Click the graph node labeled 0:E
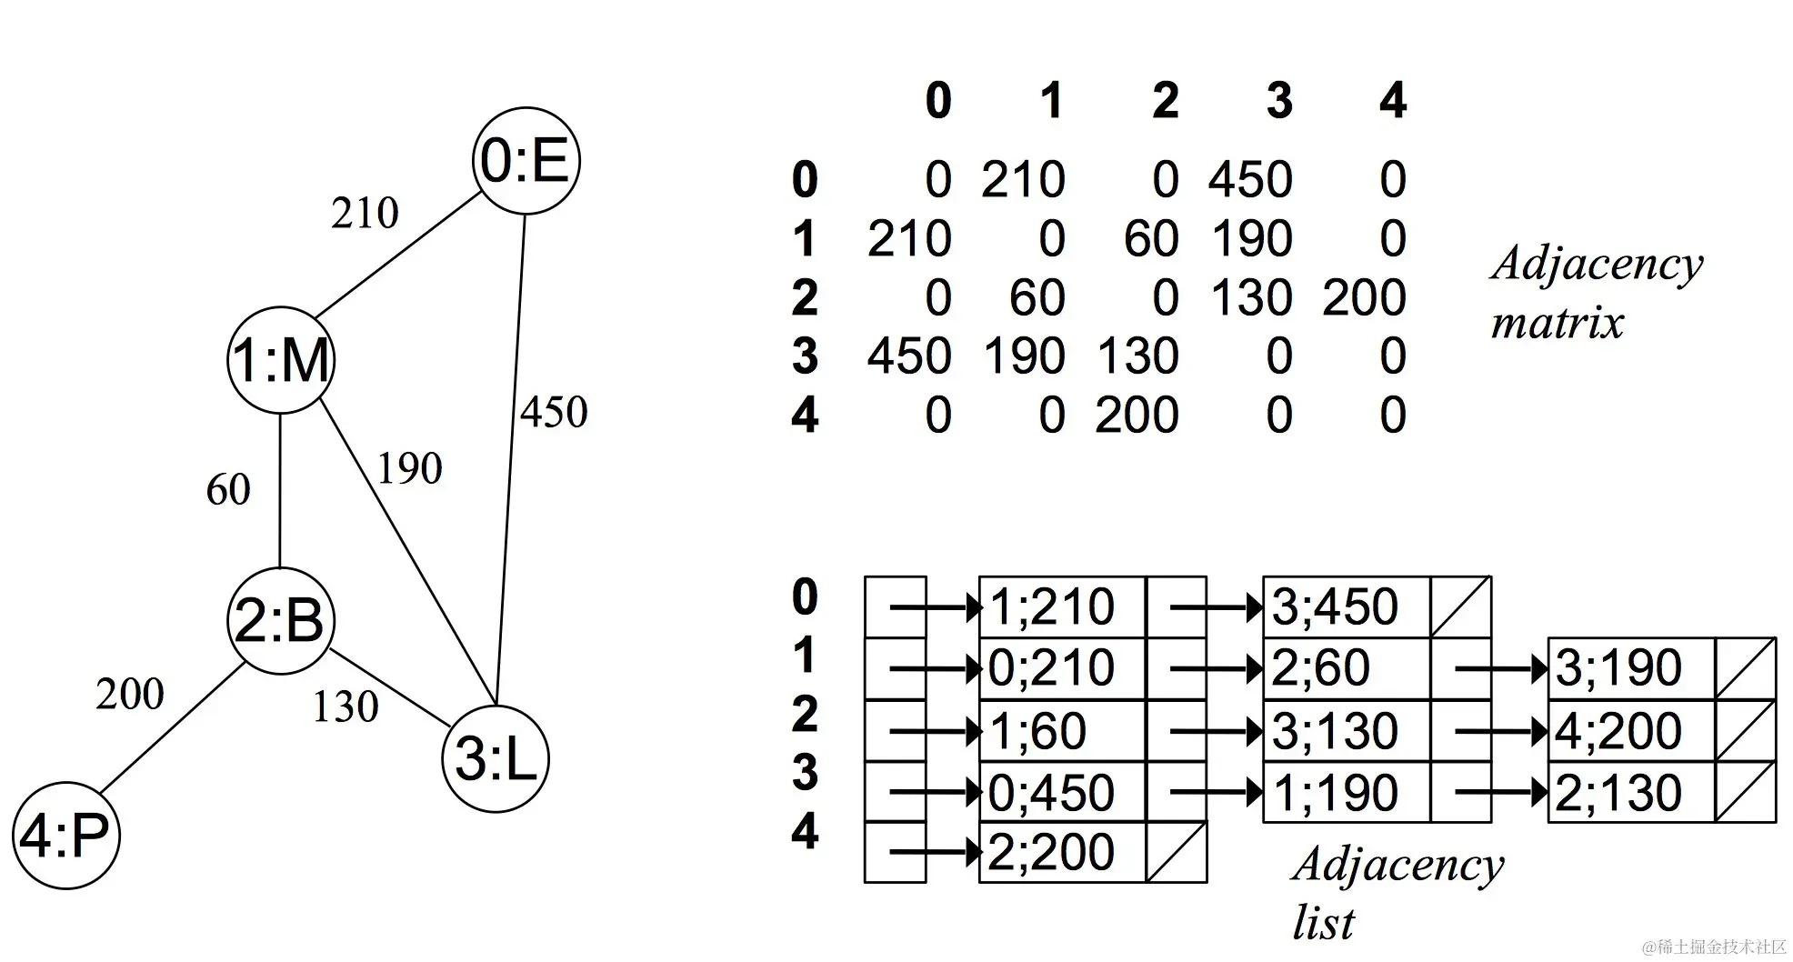coord(526,161)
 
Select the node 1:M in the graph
coord(281,360)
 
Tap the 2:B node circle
coord(280,621)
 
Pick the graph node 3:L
coord(496,759)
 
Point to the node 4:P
coord(65,836)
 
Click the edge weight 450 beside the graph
coord(554,412)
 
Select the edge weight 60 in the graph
coord(227,490)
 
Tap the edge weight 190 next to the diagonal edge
coord(409,469)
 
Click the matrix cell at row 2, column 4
coord(1364,298)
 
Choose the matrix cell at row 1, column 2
coord(1151,239)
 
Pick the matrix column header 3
coord(1279,100)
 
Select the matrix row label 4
coord(805,416)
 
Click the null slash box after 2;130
coord(1745,792)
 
